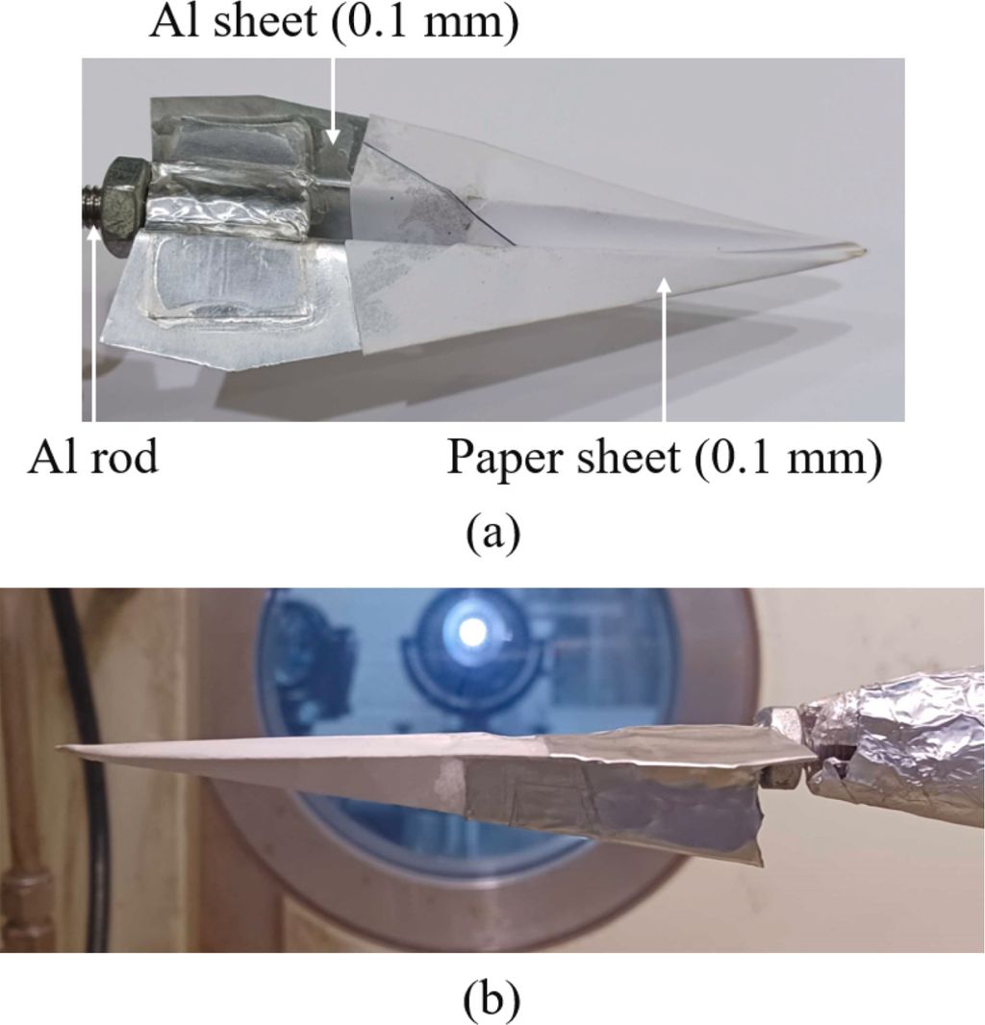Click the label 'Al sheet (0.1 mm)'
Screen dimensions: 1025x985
tap(333, 22)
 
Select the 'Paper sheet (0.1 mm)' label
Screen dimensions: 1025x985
tap(664, 459)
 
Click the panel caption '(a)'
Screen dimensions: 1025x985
tap(492, 532)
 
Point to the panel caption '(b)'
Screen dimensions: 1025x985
tap(492, 1000)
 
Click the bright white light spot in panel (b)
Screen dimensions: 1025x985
tap(471, 631)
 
